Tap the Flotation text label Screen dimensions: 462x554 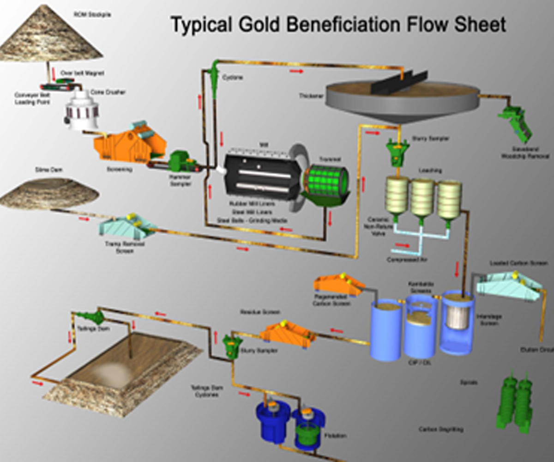tap(335, 436)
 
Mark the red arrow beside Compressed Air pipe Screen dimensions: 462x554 tap(402, 245)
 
